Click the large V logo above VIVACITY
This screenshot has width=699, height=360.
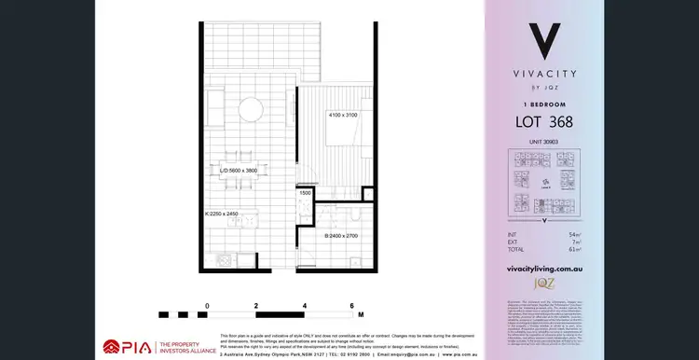tap(543, 42)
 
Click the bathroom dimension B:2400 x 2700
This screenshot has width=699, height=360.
tap(336, 236)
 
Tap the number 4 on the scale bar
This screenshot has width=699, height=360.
tap(305, 306)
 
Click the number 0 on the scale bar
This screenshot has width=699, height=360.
tap(208, 306)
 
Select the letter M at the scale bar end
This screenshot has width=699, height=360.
tap(360, 314)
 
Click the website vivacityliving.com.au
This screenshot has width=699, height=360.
tap(543, 267)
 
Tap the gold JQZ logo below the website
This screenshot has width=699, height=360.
tap(543, 282)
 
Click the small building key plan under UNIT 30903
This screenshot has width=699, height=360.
tap(543, 183)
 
